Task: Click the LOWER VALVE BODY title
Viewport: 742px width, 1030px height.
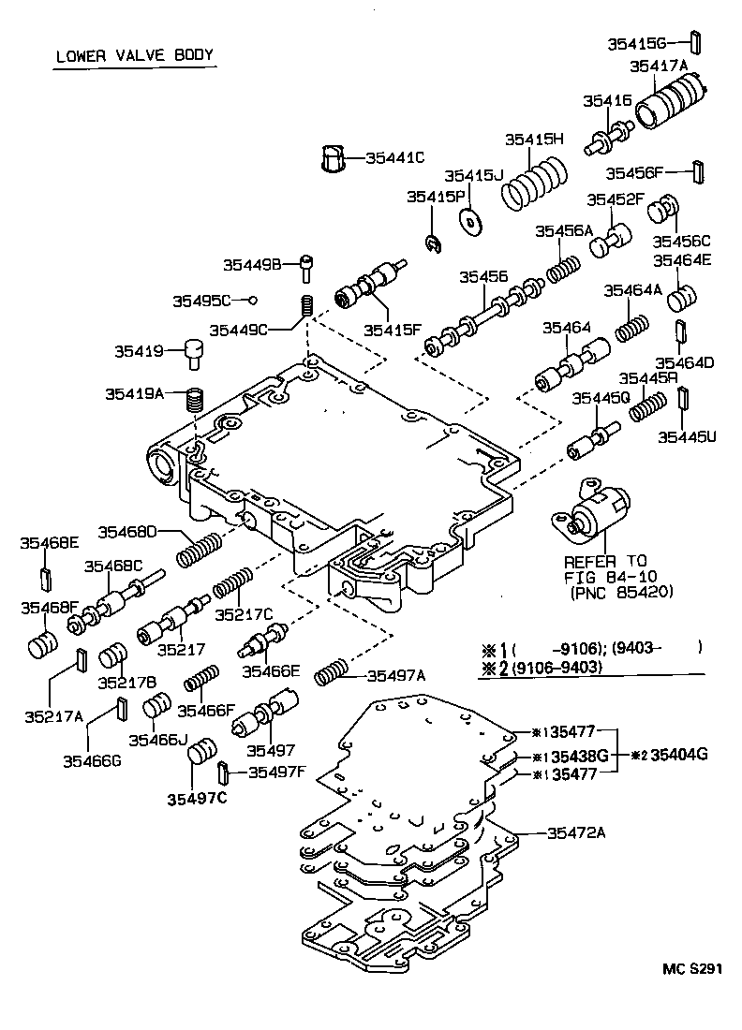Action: pos(135,55)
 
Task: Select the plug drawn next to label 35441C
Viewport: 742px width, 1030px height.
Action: pos(334,158)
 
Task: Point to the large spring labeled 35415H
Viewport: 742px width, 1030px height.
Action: pos(535,184)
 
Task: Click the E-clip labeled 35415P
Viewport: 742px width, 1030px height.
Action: pos(432,244)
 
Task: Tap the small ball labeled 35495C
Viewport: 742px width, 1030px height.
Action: pos(251,300)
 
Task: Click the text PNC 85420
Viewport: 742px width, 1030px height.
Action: pos(621,593)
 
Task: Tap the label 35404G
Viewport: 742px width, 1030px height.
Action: pos(679,754)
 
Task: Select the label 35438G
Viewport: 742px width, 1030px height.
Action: pos(581,755)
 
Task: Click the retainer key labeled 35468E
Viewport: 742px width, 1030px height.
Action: pos(43,580)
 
